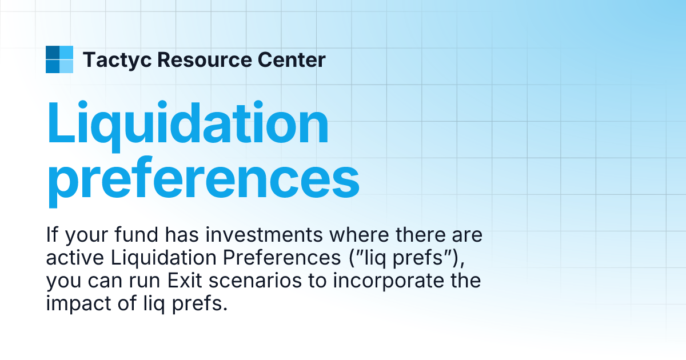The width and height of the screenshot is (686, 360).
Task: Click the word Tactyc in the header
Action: [117, 59]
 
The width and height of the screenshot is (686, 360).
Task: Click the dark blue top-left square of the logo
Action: [52, 53]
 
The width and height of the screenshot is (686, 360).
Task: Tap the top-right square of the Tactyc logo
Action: [66, 53]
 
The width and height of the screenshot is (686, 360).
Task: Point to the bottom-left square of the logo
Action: [52, 66]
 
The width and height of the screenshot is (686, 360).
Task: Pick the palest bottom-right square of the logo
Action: [66, 66]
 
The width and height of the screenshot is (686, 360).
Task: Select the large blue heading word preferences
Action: [203, 179]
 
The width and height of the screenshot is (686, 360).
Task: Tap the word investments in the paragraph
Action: [246, 235]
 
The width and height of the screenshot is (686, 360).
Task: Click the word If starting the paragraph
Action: [52, 235]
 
